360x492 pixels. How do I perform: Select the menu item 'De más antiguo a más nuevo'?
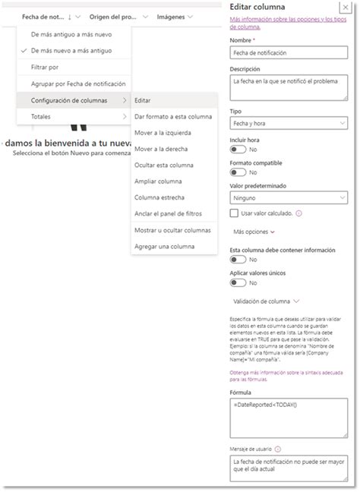[71, 34]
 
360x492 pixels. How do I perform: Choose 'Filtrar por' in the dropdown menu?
[44, 67]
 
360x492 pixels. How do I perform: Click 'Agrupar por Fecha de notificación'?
[78, 84]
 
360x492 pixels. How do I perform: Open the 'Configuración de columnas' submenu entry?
[69, 100]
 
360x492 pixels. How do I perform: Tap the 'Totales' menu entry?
[41, 117]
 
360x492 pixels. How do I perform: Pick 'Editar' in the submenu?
[143, 100]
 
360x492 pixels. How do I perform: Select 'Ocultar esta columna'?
[164, 165]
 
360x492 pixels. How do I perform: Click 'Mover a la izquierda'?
[163, 132]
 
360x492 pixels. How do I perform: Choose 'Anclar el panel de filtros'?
[172, 213]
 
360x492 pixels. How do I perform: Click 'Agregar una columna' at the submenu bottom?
[165, 246]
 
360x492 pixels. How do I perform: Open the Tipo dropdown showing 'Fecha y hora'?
[288, 123]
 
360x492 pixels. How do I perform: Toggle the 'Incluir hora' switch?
[237, 150]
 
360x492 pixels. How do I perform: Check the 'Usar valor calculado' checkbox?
[235, 213]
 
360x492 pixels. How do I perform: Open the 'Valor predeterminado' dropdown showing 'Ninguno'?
[288, 197]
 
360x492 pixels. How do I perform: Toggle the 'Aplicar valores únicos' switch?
[237, 283]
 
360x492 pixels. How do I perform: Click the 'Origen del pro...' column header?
[113, 16]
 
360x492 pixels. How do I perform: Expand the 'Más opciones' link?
[254, 232]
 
